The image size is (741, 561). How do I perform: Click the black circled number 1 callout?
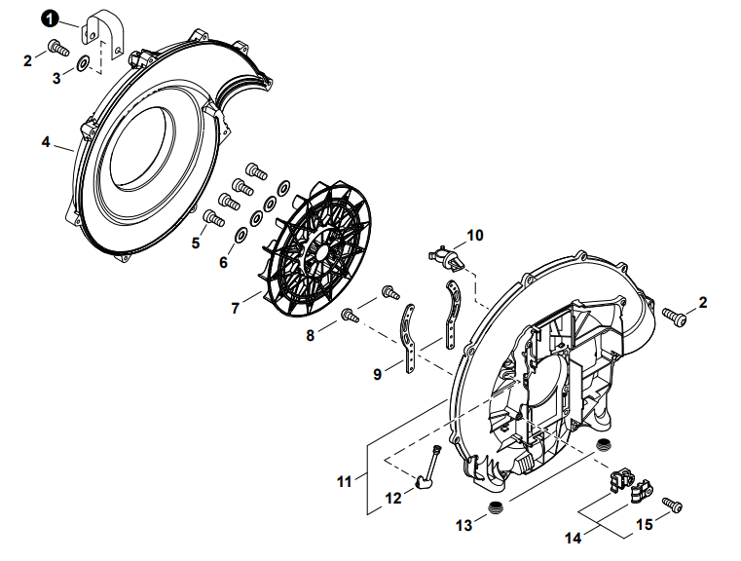(50, 18)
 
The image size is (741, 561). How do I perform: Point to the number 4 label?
(45, 141)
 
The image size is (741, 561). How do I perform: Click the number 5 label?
(195, 243)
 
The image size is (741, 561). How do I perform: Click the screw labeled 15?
(672, 504)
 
